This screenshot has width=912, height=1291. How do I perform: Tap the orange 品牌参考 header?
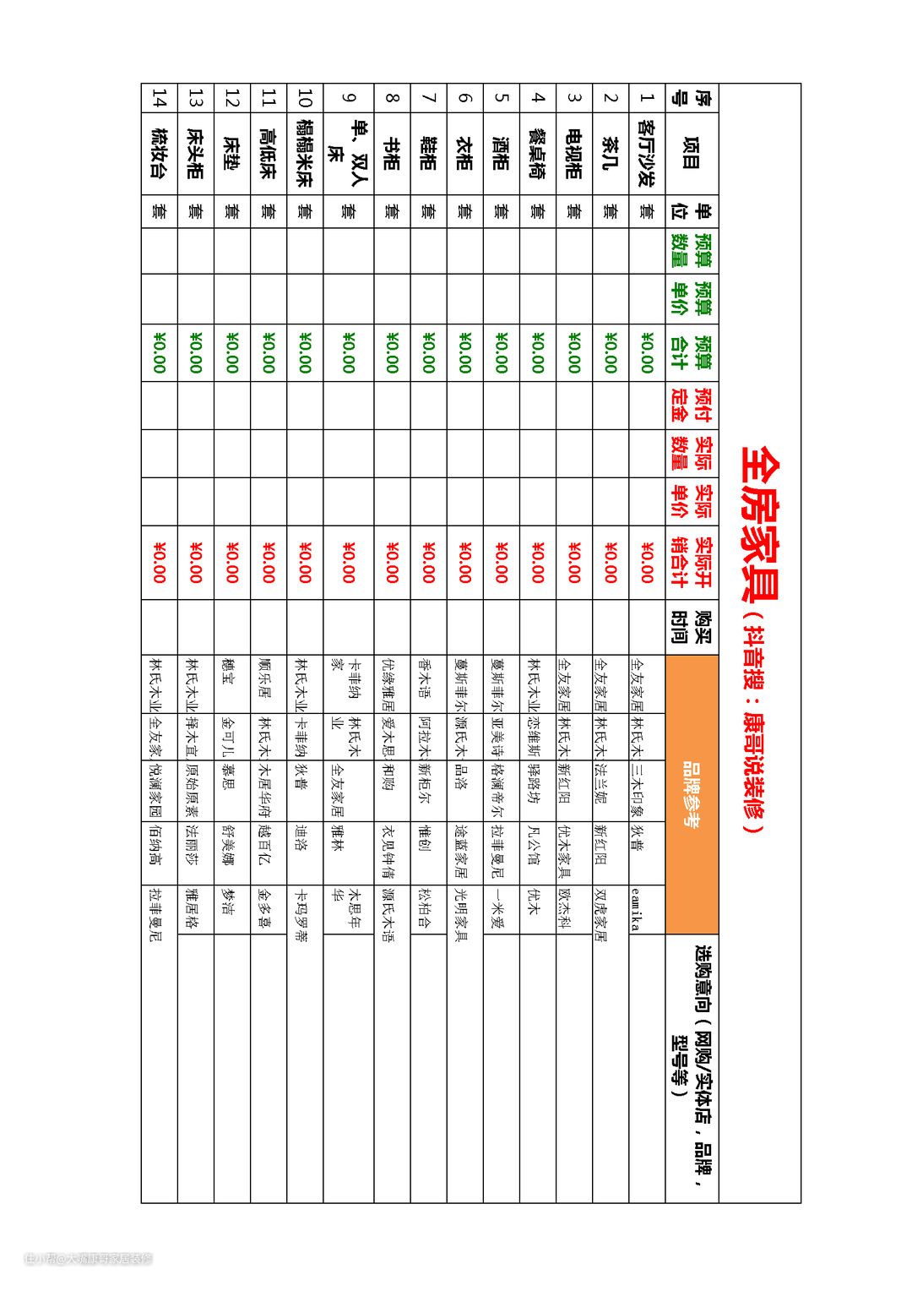click(692, 794)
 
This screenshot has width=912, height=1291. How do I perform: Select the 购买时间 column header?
click(692, 627)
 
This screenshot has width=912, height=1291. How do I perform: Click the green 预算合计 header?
click(692, 351)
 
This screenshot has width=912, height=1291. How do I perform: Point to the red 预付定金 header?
click(692, 406)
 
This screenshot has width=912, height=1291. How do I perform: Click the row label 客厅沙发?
click(647, 153)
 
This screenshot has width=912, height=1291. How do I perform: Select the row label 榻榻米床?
click(305, 153)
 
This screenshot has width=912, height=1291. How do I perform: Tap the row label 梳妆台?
click(159, 153)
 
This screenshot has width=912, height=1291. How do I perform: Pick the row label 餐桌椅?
click(538, 153)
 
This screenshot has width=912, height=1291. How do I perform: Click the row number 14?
click(159, 97)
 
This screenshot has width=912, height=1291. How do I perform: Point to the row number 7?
click(429, 97)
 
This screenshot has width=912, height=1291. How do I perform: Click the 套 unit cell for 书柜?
click(392, 210)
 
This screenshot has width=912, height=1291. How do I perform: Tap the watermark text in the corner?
click(88, 1258)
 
